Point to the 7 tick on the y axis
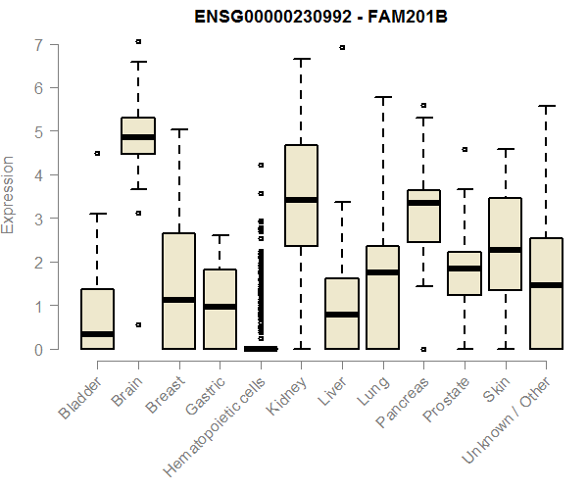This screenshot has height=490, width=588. pos(38,44)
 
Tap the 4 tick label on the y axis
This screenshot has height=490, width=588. pos(38,174)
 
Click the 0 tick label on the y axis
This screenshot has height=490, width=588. pos(38,349)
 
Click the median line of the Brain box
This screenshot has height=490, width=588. pos(137,136)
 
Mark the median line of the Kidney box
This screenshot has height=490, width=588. pos(301,200)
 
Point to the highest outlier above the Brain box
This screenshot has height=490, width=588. pos(138,41)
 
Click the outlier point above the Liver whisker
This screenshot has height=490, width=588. pos(342,47)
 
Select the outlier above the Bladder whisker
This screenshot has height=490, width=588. pos(97,153)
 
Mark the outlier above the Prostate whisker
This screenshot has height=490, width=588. pos(465,150)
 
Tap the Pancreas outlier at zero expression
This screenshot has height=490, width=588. pos(423,349)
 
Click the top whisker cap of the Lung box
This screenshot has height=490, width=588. pos(383,97)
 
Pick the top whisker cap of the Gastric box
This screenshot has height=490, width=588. pos(220,235)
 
